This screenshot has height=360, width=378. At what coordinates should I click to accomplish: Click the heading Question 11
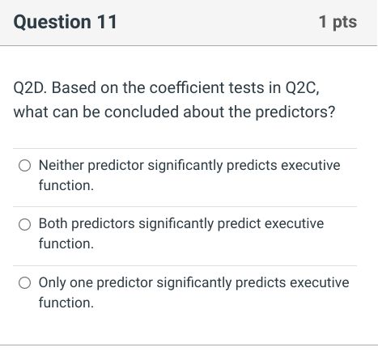point(66,23)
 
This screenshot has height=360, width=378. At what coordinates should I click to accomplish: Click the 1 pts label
point(338,23)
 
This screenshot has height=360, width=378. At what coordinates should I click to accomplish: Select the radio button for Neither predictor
point(25,166)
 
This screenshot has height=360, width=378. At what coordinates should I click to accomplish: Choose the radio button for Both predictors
point(25,224)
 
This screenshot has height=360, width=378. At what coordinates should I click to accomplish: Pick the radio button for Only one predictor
point(25,283)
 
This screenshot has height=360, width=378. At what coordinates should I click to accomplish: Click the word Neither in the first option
point(61,165)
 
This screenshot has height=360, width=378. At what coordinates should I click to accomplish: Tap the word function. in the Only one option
point(66,303)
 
